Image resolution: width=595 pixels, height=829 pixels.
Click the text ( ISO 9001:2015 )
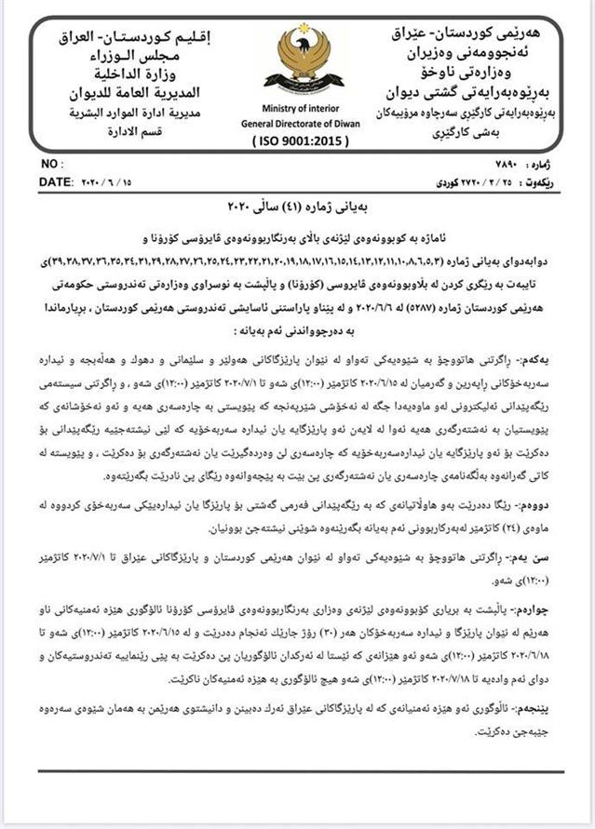point(299,141)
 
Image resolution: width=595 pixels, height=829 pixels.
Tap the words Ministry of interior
point(297,108)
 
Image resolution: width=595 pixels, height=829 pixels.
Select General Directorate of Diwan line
point(298,123)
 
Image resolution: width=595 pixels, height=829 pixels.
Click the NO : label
point(52,164)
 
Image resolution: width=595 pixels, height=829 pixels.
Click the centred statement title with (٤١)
point(298,203)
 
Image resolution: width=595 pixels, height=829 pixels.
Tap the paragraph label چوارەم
point(540,588)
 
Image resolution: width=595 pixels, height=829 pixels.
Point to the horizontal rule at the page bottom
point(298,770)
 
